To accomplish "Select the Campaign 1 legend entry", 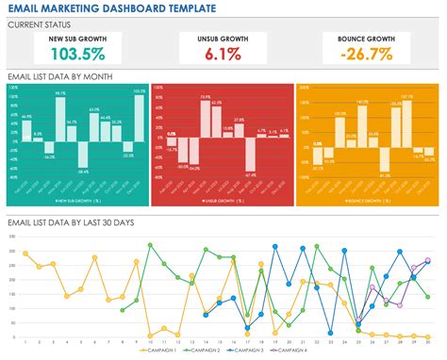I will pyautogui.click(x=158, y=350).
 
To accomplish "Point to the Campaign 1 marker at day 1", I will pyautogui.click(x=25, y=253).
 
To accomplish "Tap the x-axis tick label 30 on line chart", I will pyautogui.click(x=430, y=340).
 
